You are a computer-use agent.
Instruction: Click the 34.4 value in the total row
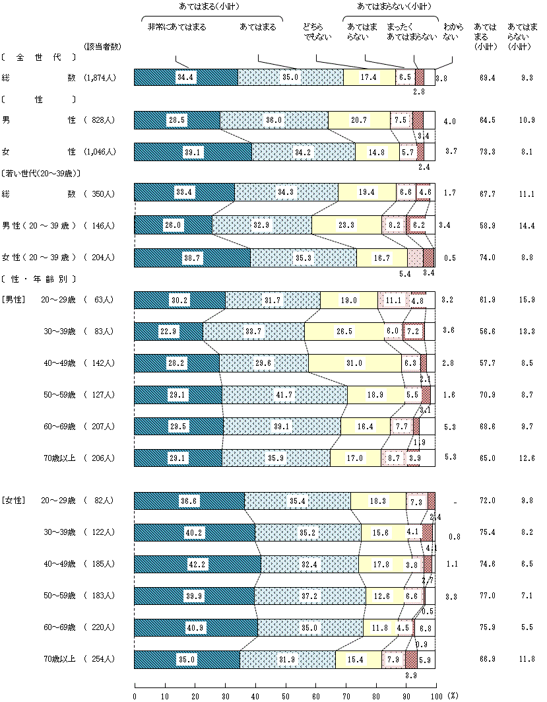tap(185, 77)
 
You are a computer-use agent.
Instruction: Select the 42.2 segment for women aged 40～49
tap(197, 565)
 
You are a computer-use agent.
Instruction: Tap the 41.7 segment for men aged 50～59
tap(284, 395)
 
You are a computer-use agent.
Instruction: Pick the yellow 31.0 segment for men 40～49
tap(354, 363)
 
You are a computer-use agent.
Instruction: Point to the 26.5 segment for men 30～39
tap(344, 332)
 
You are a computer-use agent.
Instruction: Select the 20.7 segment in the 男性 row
tap(359, 120)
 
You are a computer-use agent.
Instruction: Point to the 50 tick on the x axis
tap(285, 696)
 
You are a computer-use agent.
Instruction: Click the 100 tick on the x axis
tap(435, 696)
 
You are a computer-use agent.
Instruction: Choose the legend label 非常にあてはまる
tap(176, 27)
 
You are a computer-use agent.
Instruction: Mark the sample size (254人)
tap(100, 659)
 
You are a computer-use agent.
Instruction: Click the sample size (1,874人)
tap(100, 78)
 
